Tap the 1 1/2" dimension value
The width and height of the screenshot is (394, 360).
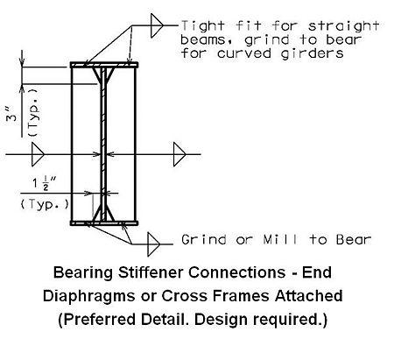pyautogui.click(x=44, y=183)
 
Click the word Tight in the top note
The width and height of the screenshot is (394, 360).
pyautogui.click(x=203, y=25)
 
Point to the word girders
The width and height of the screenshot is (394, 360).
pyautogui.click(x=313, y=54)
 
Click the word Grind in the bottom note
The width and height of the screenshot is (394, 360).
pyautogui.click(x=204, y=240)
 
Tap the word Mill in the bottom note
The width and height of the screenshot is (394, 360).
pyautogui.click(x=280, y=240)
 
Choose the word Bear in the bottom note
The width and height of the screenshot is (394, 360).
pyautogui.click(x=354, y=240)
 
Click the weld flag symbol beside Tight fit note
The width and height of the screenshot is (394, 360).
pyautogui.click(x=157, y=25)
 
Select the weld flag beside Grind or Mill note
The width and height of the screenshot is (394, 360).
pyautogui.click(x=154, y=244)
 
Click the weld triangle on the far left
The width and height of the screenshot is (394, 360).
pyautogui.click(x=38, y=154)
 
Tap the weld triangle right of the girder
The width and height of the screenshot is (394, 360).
pyautogui.click(x=179, y=154)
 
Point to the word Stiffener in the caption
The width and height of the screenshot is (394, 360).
pyautogui.click(x=151, y=272)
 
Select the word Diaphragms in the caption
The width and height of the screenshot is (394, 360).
pyautogui.click(x=89, y=296)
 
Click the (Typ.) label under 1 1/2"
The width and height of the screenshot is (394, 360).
pyautogui.click(x=45, y=204)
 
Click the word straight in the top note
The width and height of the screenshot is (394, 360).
pyautogui.click(x=344, y=26)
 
